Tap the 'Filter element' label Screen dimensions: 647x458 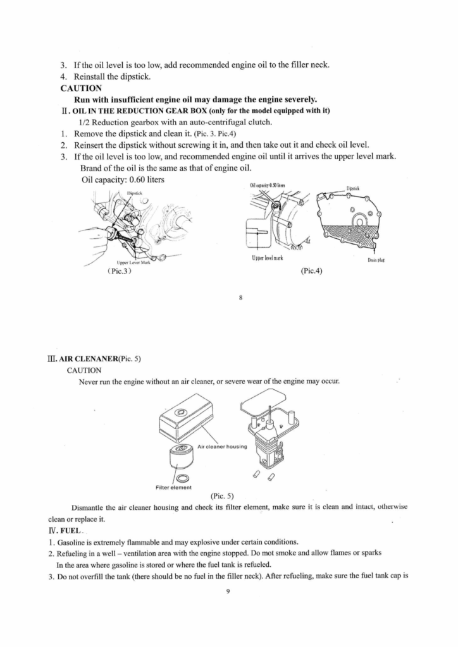pyautogui.click(x=173, y=487)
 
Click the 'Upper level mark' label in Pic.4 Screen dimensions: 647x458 pyautogui.click(x=266, y=258)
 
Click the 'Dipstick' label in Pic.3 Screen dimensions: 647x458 pyautogui.click(x=135, y=193)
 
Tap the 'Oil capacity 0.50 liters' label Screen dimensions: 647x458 pyautogui.click(x=268, y=185)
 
